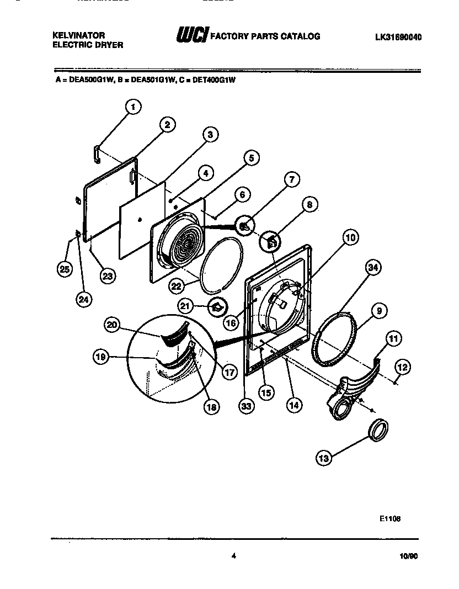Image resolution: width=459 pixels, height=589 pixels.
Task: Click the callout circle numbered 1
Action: pyautogui.click(x=134, y=107)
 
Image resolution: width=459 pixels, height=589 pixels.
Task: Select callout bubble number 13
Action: pyautogui.click(x=324, y=457)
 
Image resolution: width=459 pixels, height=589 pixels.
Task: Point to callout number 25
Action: pyautogui.click(x=65, y=269)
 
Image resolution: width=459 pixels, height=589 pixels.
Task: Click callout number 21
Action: pyautogui.click(x=185, y=305)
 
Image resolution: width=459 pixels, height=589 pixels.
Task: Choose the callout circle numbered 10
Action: pyautogui.click(x=351, y=238)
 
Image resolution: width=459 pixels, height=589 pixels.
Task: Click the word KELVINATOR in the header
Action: pyautogui.click(x=78, y=35)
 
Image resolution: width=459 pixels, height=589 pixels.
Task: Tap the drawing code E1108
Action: pyautogui.click(x=389, y=518)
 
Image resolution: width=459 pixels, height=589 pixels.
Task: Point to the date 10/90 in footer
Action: pyautogui.click(x=408, y=558)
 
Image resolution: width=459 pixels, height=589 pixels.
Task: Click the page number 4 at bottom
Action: pyautogui.click(x=234, y=556)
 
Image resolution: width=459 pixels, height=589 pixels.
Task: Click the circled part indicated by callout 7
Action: pyautogui.click(x=245, y=225)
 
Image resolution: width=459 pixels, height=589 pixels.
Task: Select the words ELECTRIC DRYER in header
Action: pyautogui.click(x=87, y=45)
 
